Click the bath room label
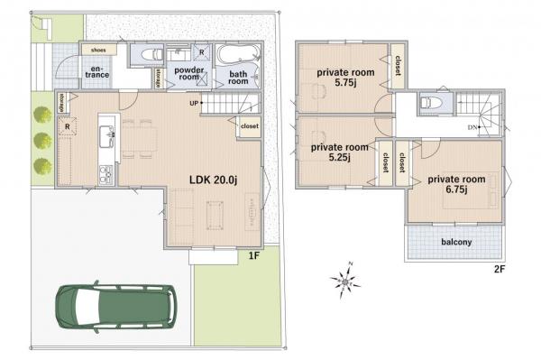pos(237,76)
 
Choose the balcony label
pos(459,242)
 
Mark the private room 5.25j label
pos(339,151)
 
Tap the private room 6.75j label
pos(456,184)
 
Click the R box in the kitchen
pos(68,127)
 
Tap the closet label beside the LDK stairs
pos(249,126)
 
